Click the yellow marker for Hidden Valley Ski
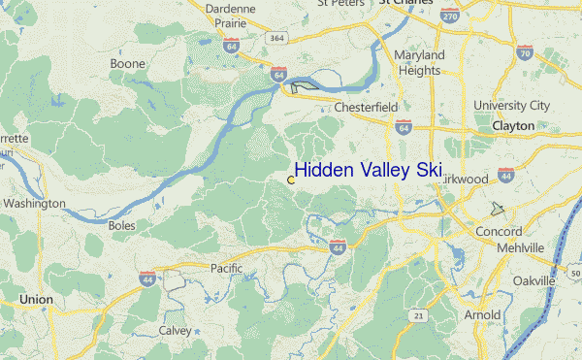[291, 180]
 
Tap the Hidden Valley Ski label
[368, 170]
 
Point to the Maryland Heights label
[419, 62]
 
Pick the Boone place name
[127, 63]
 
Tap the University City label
[511, 105]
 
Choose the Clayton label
[513, 126]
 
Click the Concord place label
[499, 232]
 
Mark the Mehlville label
[519, 247]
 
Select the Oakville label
[533, 280]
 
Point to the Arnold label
[482, 315]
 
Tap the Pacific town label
[225, 267]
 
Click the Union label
[36, 300]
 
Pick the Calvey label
[175, 330]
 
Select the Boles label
[122, 225]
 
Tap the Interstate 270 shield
[447, 16]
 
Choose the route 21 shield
[418, 315]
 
